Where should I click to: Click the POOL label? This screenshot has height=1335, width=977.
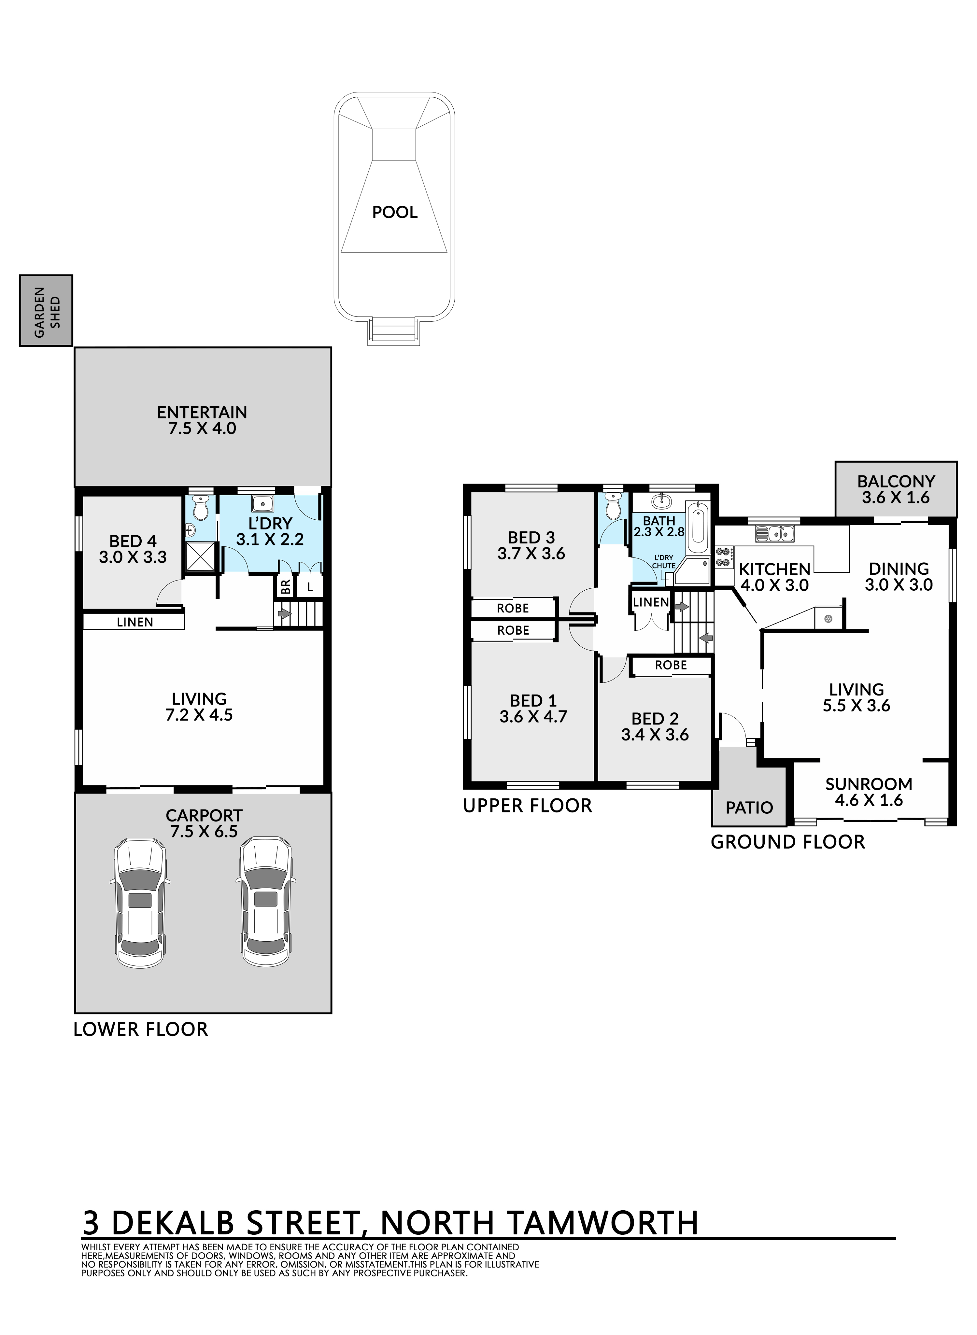tap(394, 212)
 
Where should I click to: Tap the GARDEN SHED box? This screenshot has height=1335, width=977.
tap(46, 310)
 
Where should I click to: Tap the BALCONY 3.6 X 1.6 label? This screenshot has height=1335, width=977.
tap(896, 489)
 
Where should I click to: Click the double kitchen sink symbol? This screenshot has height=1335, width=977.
tap(774, 534)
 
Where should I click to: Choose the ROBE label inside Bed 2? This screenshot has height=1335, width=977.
tap(671, 665)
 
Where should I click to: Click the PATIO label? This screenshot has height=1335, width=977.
tap(749, 808)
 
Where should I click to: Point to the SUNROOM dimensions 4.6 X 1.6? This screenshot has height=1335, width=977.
tap(869, 801)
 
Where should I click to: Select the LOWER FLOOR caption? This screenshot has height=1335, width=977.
tap(141, 1029)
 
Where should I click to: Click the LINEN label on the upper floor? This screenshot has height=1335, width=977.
tap(651, 602)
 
